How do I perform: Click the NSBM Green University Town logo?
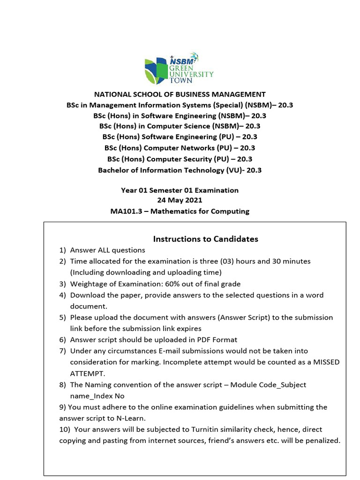click(179, 68)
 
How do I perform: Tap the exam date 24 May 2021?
click(180, 201)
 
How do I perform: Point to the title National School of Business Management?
click(180, 94)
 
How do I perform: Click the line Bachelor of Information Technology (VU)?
click(180, 170)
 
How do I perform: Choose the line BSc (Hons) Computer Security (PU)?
click(180, 159)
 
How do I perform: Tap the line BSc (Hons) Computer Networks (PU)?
click(180, 148)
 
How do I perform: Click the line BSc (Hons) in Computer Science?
click(180, 127)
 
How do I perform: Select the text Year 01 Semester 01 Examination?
click(180, 190)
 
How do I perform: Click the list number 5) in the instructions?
click(63, 317)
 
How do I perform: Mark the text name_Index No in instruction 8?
click(98, 396)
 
